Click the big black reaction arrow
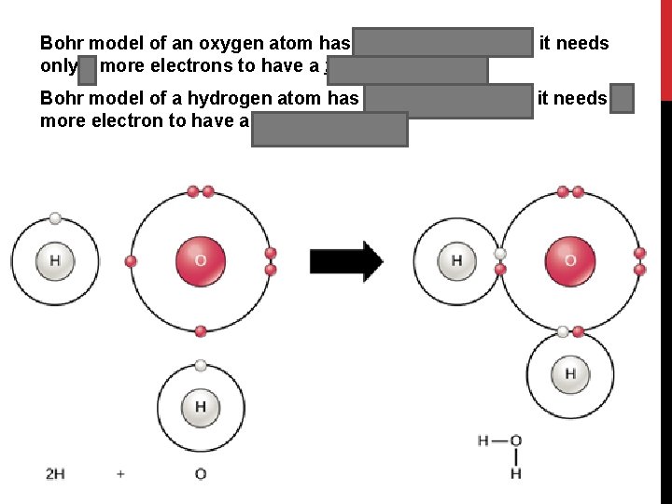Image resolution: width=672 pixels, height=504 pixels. tap(345, 261)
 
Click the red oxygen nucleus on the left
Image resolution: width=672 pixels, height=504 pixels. tap(200, 259)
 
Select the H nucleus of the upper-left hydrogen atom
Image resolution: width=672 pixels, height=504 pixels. tap(54, 260)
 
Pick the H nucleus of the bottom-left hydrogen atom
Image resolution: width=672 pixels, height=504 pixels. tap(200, 407)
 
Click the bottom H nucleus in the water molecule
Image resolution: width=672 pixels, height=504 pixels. tap(569, 375)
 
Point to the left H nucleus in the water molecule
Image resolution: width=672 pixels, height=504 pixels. tap(456, 260)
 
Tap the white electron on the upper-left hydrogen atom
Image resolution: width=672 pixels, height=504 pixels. tap(55, 218)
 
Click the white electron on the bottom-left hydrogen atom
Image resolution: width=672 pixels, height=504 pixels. tap(200, 365)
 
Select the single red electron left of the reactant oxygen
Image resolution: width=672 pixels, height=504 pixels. tap(131, 261)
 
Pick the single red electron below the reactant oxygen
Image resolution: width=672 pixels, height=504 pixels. tap(200, 330)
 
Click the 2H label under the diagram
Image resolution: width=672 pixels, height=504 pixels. tap(55, 474)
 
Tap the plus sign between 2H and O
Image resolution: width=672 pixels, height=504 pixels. tap(120, 474)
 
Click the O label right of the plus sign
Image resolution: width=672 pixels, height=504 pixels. tap(200, 474)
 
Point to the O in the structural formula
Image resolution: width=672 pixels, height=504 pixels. tap(515, 441)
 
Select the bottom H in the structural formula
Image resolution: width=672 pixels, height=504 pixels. tap(515, 473)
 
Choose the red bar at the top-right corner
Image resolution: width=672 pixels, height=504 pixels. tap(665, 47)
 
